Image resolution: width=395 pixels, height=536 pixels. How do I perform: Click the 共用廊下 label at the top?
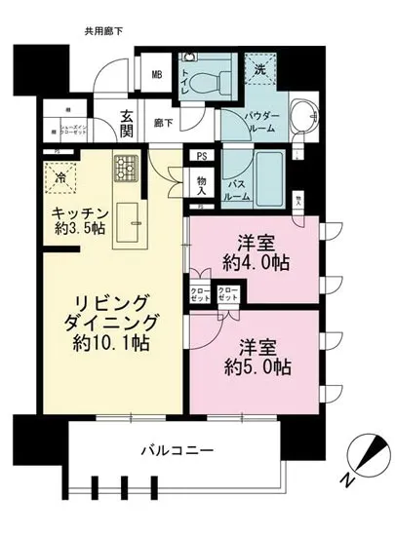coord(102,32)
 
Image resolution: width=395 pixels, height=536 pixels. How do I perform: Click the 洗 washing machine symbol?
coord(259,70)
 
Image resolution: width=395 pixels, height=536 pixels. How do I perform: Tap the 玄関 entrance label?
coord(127,123)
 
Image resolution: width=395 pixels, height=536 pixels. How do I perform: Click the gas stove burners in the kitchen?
coord(127,168)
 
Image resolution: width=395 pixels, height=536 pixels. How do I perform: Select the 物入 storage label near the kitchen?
coord(201,184)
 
